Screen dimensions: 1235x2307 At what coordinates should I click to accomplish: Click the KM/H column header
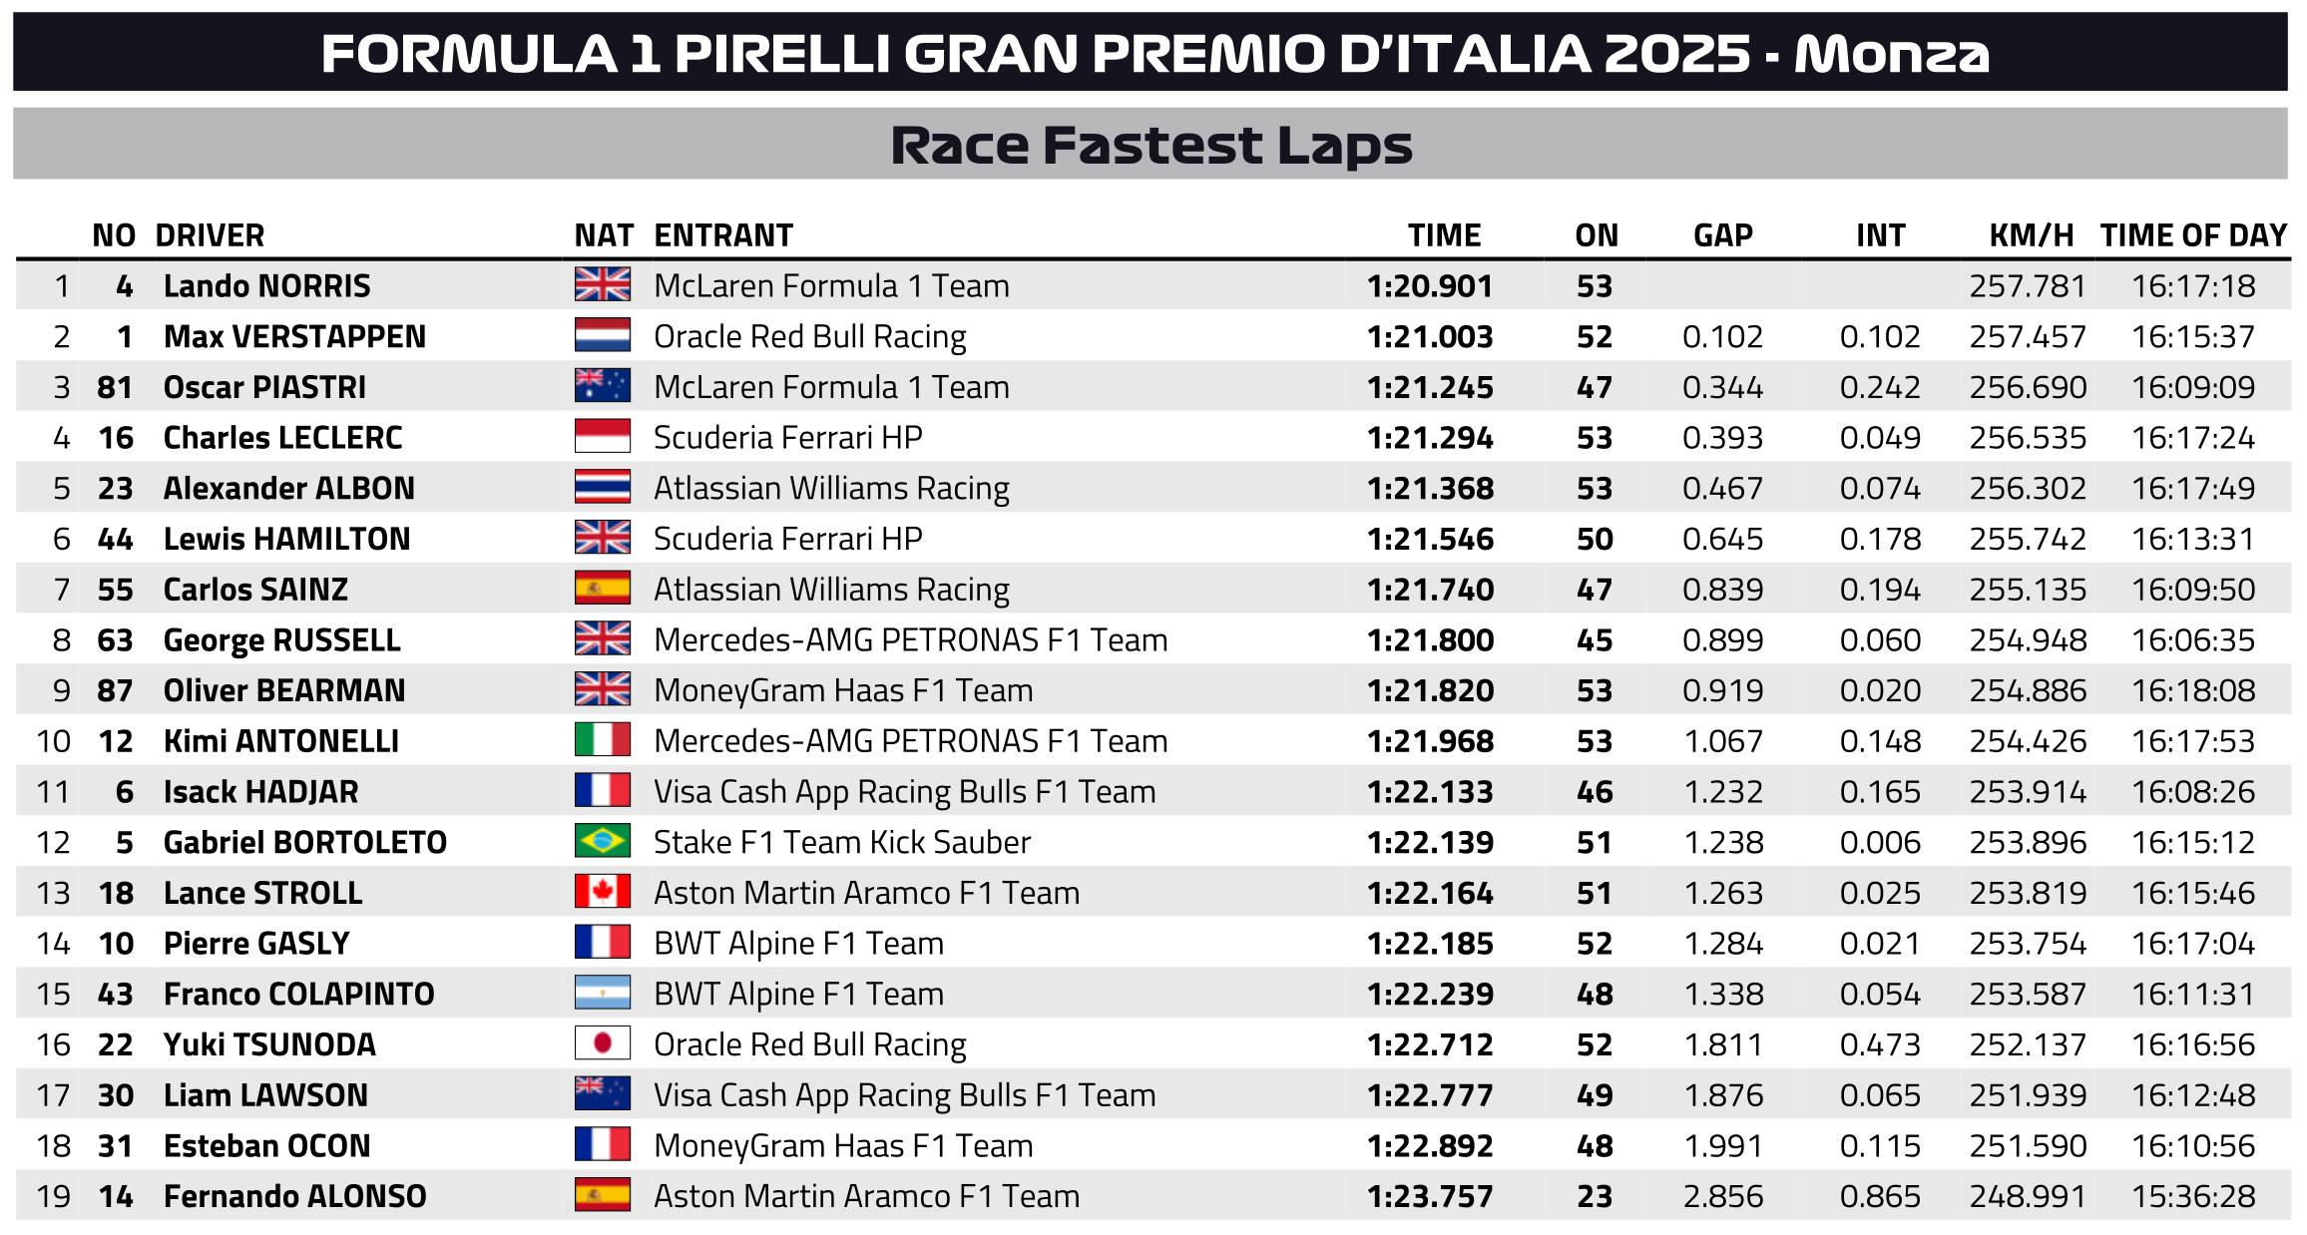pyautogui.click(x=2031, y=235)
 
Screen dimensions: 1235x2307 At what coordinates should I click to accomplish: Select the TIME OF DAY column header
pyautogui.click(x=2192, y=235)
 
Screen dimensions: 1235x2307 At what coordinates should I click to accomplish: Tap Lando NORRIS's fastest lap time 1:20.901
pyautogui.click(x=1429, y=286)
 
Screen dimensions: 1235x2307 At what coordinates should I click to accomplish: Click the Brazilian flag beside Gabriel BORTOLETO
pyautogui.click(x=602, y=842)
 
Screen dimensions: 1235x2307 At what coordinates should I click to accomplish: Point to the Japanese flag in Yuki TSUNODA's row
pyautogui.click(x=602, y=1044)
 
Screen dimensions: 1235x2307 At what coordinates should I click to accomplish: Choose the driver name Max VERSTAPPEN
pyautogui.click(x=294, y=337)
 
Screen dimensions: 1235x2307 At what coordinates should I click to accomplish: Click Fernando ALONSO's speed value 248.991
pyautogui.click(x=2027, y=1196)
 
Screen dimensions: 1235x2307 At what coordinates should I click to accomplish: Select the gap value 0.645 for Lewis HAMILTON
pyautogui.click(x=1722, y=540)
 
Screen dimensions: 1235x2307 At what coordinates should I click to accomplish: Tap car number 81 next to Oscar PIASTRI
pyautogui.click(x=115, y=387)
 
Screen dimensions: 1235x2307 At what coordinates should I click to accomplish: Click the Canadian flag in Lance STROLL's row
pyautogui.click(x=602, y=892)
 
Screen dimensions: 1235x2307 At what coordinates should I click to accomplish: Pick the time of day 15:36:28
pyautogui.click(x=2192, y=1196)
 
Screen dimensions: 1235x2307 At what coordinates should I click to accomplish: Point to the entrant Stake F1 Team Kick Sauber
pyautogui.click(x=841, y=843)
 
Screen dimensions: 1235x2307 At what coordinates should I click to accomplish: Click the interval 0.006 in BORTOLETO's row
pyautogui.click(x=1880, y=843)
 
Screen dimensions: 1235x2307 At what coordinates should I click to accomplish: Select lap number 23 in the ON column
pyautogui.click(x=1594, y=1196)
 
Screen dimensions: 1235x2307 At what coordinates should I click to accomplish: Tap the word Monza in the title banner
pyautogui.click(x=1891, y=54)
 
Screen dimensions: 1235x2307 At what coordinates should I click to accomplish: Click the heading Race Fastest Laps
pyautogui.click(x=1151, y=146)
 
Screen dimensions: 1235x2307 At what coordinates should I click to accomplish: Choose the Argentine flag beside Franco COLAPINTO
pyautogui.click(x=602, y=994)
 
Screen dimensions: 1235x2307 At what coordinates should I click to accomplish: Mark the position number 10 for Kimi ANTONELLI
pyautogui.click(x=54, y=741)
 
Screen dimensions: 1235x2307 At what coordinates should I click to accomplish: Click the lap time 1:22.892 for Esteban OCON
pyautogui.click(x=1429, y=1146)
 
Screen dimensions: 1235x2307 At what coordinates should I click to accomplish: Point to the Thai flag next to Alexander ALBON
pyautogui.click(x=602, y=488)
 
